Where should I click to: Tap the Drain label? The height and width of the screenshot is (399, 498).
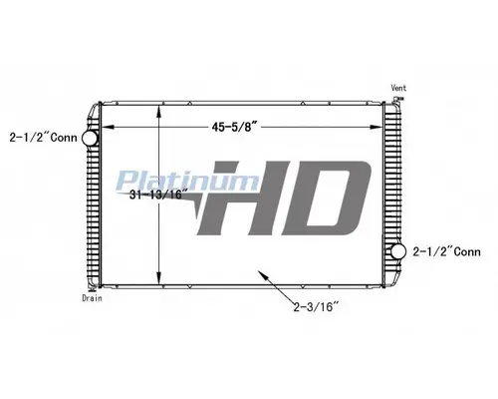[93, 298]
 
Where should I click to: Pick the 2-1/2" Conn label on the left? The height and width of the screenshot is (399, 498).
[42, 135]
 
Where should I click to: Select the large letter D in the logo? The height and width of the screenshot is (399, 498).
[321, 200]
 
